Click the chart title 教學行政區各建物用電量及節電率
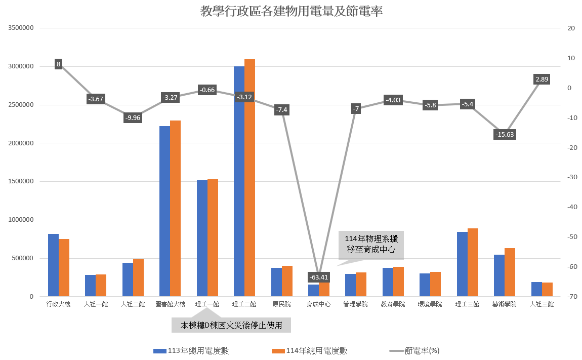291,11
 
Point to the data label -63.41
319,277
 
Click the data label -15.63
504,134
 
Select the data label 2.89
542,79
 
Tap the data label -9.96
133,117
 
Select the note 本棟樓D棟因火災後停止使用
231,325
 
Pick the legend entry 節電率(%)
414,350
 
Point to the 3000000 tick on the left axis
21,66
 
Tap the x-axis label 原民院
282,304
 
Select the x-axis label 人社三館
542,304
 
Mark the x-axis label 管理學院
356,304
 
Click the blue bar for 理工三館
462,264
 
